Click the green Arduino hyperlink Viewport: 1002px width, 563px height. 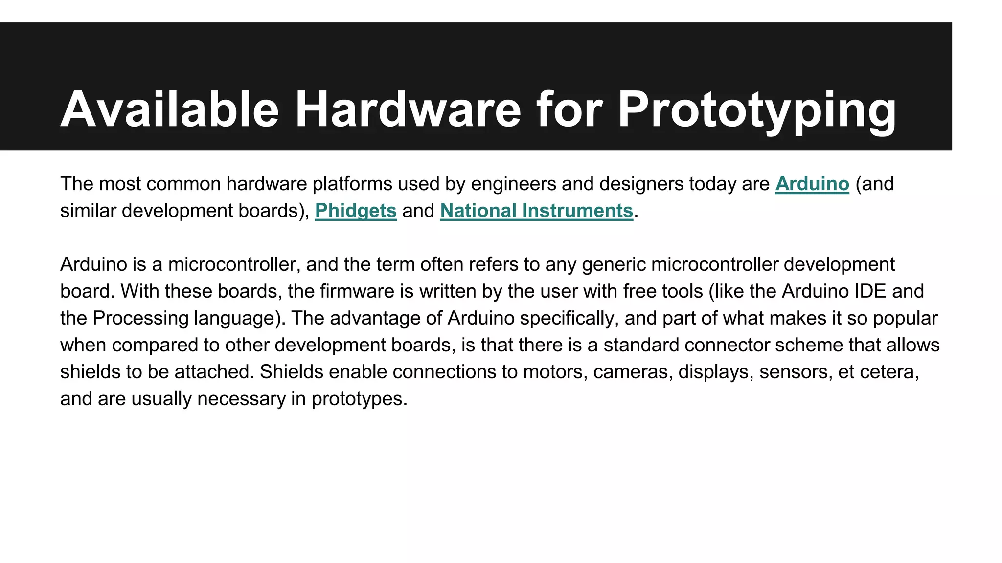pyautogui.click(x=812, y=184)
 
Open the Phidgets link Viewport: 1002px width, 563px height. pyautogui.click(x=356, y=211)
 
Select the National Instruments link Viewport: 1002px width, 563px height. pyautogui.click(x=537, y=211)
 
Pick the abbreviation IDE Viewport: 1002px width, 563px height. pyautogui.click(x=870, y=291)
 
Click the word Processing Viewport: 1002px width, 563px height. pyautogui.click(x=140, y=318)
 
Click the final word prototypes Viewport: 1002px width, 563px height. pyautogui.click(x=359, y=399)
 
